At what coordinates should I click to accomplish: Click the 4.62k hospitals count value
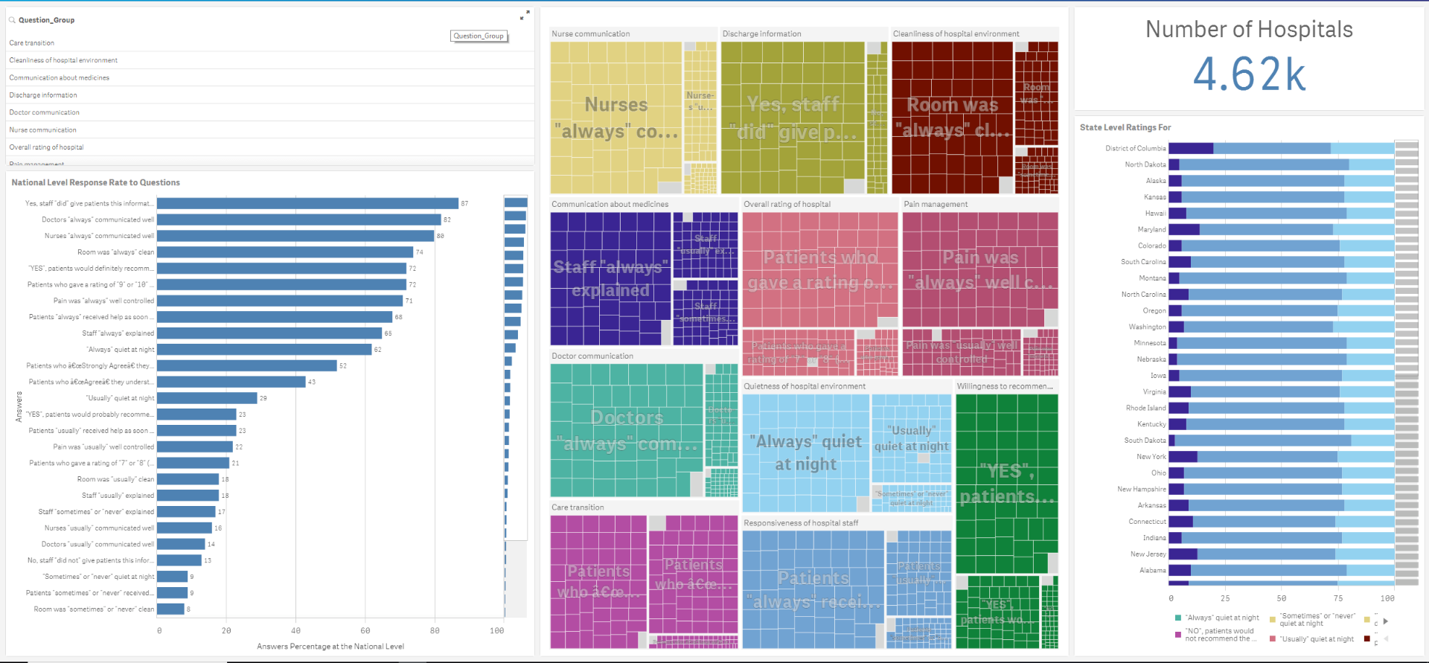1249,74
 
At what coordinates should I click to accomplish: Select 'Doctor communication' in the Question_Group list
45,112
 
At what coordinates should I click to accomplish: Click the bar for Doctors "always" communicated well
298,220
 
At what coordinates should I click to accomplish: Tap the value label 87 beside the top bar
464,203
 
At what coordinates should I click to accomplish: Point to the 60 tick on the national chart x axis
365,630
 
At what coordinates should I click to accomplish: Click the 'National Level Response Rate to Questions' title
96,182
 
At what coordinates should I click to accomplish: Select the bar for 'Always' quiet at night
264,349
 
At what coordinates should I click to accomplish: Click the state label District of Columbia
1135,148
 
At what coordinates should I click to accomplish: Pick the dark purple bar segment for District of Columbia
1191,148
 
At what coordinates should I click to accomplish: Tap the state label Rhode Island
1145,408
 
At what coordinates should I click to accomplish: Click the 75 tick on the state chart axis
1338,598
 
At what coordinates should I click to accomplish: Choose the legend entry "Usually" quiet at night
1316,639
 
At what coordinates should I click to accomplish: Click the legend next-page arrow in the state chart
1386,621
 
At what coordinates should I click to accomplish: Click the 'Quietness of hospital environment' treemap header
805,386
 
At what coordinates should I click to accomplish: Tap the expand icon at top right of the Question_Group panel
525,15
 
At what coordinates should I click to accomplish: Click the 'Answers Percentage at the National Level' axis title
330,646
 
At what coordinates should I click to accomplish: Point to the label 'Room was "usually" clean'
115,479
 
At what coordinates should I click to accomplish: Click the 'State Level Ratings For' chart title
1125,127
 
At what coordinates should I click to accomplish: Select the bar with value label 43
231,382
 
